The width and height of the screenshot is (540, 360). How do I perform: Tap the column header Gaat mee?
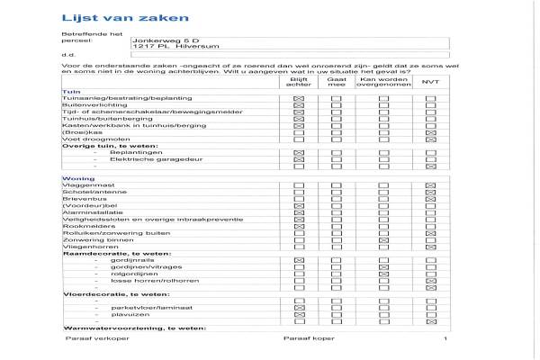[337, 82]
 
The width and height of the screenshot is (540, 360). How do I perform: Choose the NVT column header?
[429, 82]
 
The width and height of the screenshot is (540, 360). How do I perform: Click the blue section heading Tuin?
[67, 92]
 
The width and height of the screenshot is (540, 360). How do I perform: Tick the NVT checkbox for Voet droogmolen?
[430, 139]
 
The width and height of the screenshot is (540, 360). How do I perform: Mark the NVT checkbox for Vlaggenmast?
[430, 186]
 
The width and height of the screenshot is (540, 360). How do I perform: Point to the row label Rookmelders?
[81, 226]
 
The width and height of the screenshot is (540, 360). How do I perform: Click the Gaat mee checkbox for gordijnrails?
[337, 260]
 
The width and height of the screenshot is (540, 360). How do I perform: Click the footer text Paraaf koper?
[304, 340]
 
